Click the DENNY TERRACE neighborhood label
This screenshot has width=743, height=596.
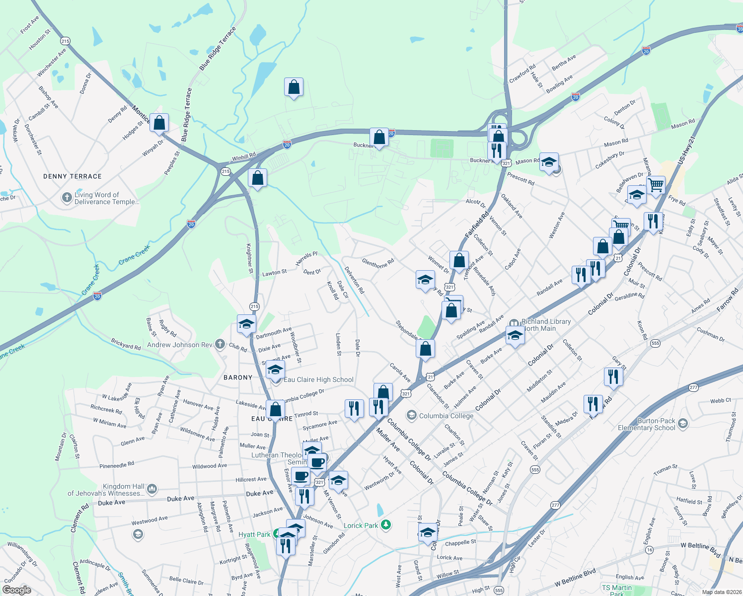[x=73, y=176]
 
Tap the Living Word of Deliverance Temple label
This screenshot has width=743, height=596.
[x=106, y=199]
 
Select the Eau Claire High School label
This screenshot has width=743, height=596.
[x=318, y=380]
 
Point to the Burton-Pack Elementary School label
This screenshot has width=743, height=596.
[x=646, y=424]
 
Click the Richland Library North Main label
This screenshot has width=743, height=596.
[x=546, y=325]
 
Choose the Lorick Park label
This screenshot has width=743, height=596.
[x=361, y=525]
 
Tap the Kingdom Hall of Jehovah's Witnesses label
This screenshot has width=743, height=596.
[x=106, y=490]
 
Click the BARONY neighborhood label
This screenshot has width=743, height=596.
[x=238, y=377]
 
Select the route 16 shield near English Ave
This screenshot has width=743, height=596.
[x=649, y=550]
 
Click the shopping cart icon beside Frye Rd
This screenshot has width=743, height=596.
[x=656, y=185]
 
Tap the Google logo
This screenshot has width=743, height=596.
[x=16, y=590]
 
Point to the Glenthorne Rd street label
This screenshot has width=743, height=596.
[x=378, y=263]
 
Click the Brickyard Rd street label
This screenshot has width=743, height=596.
[x=126, y=344]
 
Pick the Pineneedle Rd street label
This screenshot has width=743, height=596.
[x=117, y=465]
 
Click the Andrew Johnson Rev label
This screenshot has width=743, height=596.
[x=180, y=345]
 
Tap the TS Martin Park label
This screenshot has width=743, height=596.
[x=617, y=590]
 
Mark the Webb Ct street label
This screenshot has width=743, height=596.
[x=720, y=400]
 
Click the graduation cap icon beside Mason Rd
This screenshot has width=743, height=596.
[x=549, y=162]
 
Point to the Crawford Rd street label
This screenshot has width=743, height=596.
[x=522, y=74]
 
